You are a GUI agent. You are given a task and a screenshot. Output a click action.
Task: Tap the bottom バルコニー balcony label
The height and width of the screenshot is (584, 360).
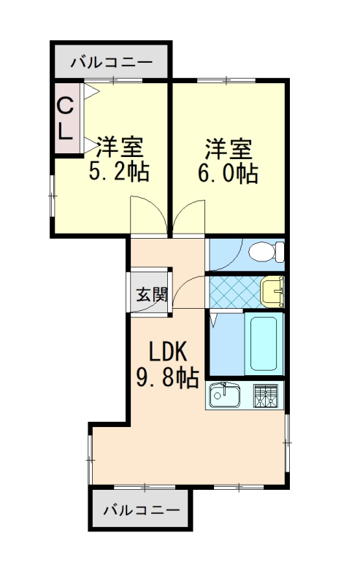coord(141,509)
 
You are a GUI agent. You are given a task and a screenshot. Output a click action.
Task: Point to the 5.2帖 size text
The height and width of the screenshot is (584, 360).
coord(119,172)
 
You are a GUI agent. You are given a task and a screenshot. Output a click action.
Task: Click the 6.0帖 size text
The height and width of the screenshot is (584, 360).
coord(229,173)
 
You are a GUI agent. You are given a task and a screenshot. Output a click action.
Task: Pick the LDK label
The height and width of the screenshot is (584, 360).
coord(169,352)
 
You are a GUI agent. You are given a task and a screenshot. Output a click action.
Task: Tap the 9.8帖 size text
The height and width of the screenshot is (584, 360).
coord(167,377)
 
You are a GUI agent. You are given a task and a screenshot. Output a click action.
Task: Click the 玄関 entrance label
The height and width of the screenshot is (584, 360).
coord(151,295)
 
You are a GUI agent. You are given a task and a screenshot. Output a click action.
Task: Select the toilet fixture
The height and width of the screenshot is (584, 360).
coord(264,253)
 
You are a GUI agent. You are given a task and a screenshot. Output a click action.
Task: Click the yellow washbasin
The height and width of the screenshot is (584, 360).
coord(272,291)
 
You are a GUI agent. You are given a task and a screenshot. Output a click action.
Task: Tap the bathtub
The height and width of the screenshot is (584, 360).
coord(264,343)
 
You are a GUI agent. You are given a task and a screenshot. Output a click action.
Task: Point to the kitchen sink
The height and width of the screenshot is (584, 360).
coord(226,396)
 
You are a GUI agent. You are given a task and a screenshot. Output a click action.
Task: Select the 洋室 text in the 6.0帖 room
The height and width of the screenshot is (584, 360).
coord(229,148)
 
